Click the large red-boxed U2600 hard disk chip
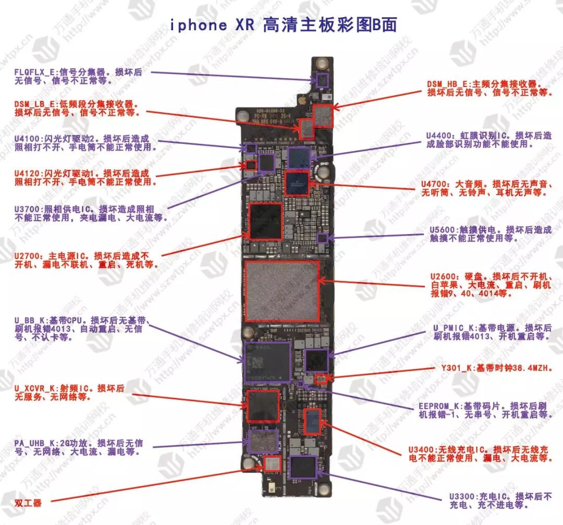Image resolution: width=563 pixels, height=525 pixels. (x=281, y=291)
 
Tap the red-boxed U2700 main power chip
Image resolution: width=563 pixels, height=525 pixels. (x=266, y=221)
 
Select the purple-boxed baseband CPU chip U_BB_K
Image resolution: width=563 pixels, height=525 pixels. (x=267, y=361)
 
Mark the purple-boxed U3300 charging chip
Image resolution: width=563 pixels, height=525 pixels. (x=302, y=467)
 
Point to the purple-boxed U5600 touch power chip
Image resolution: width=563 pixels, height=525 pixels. (x=322, y=238)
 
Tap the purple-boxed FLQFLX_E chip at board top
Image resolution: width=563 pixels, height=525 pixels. (x=322, y=80)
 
